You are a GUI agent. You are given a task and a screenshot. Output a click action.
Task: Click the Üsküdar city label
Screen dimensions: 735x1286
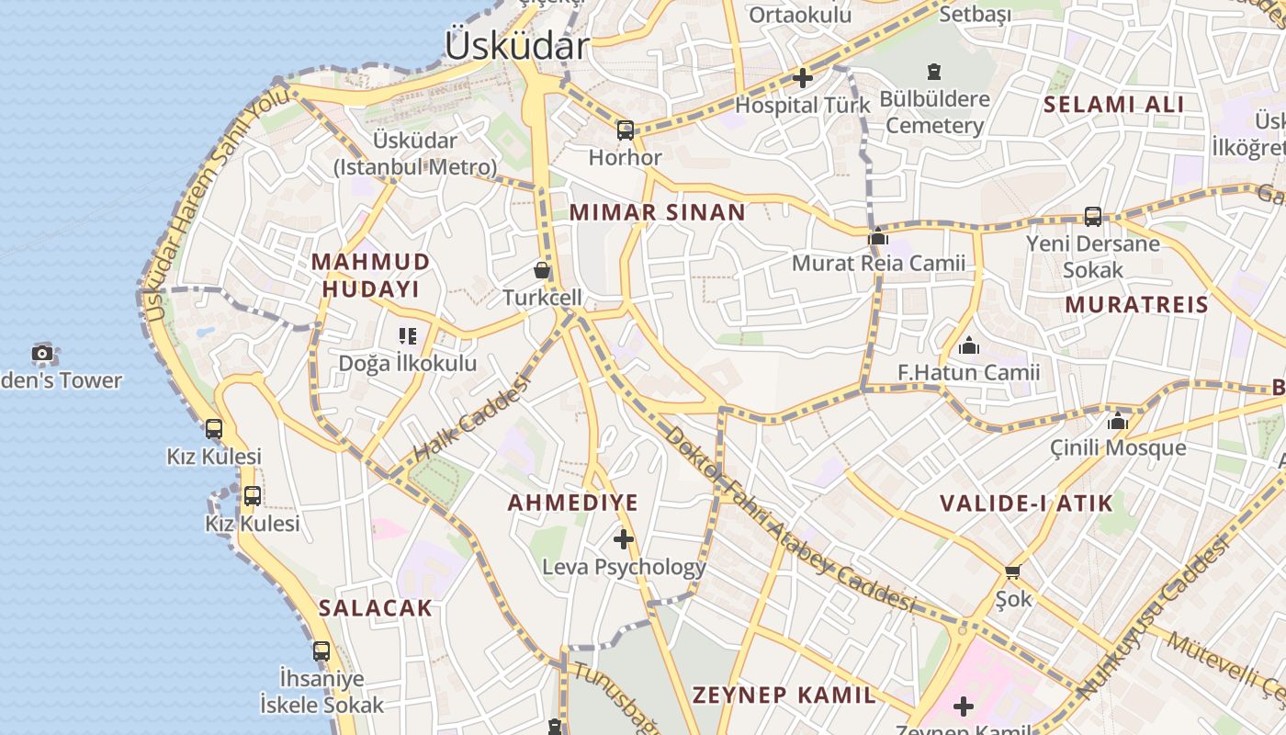[516, 45]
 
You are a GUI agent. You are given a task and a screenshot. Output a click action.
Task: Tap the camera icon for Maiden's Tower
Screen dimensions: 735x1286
[42, 353]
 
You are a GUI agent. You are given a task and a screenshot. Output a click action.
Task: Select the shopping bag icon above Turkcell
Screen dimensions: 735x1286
[542, 270]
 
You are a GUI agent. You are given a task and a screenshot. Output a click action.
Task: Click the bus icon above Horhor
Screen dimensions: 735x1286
[626, 130]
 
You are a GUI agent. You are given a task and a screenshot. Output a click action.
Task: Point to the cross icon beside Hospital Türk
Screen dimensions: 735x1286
[803, 78]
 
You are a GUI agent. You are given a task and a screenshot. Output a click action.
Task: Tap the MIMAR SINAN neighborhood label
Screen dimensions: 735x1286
[657, 212]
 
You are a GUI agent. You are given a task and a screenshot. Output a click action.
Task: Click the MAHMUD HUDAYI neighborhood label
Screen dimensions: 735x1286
[370, 275]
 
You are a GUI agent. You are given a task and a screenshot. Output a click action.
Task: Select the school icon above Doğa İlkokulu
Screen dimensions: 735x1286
[408, 336]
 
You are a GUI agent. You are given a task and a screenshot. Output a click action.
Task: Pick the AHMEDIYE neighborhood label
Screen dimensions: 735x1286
[572, 503]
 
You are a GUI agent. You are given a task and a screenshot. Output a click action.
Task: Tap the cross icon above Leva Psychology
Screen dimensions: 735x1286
[624, 538]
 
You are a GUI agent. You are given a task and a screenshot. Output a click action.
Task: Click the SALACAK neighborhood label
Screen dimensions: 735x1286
[375, 607]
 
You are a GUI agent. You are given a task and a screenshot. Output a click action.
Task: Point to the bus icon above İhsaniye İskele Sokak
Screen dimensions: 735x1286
[321, 651]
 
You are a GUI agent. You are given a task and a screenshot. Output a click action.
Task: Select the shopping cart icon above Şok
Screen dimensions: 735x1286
[1013, 572]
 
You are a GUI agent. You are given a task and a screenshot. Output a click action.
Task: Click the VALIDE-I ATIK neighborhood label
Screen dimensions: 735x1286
[1025, 503]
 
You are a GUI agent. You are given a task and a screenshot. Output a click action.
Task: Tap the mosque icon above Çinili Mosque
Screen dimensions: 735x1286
[1118, 422]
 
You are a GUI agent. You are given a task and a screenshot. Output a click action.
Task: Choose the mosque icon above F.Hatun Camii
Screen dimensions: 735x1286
[968, 346]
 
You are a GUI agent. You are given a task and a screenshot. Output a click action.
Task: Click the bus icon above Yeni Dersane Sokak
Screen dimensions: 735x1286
[1092, 217]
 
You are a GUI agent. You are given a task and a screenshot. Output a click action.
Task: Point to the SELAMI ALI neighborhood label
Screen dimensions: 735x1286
[1113, 104]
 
